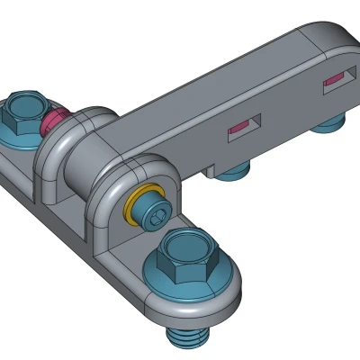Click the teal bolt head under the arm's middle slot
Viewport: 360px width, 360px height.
(236, 169)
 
